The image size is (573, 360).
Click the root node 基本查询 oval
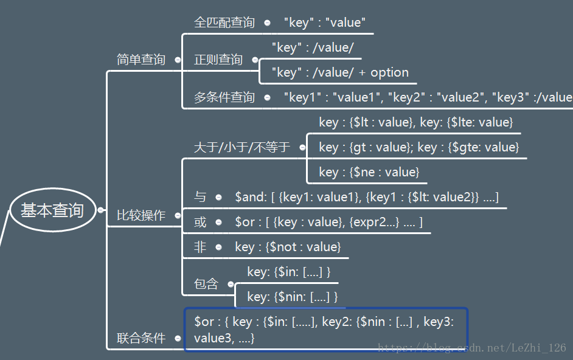[52, 211]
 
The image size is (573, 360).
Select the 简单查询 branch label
[141, 60]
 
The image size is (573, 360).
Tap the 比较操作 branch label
[141, 215]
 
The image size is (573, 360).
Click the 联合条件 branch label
[141, 338]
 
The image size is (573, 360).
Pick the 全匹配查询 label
[224, 22]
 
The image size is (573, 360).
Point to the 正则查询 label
[218, 60]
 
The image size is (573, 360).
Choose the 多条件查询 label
[224, 97]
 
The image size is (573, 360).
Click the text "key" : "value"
[324, 23]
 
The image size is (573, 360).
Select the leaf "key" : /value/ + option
[339, 72]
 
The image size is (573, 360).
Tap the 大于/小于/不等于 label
[241, 147]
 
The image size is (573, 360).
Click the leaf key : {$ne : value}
[369, 172]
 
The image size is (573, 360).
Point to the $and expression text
[366, 197]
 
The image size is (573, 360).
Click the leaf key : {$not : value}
[287, 247]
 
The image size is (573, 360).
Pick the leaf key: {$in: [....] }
[288, 272]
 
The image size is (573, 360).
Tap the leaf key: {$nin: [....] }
[292, 297]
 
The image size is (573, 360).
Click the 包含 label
[206, 284]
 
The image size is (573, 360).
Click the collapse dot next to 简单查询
[178, 60]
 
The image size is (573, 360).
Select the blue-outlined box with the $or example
[326, 329]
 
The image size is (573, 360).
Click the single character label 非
[200, 247]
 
